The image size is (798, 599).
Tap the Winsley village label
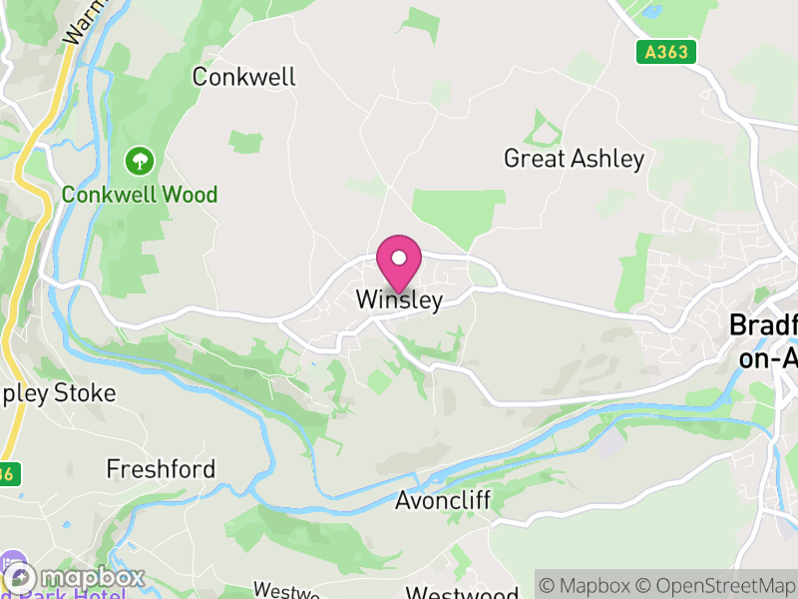[x=399, y=299]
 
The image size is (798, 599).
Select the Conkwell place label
[x=244, y=77]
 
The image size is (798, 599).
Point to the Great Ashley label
[x=574, y=159]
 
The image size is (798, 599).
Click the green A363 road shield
[x=665, y=52]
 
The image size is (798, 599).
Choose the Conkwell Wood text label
[x=140, y=195]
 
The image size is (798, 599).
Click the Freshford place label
[x=161, y=468]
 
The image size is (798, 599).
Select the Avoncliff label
[x=443, y=500]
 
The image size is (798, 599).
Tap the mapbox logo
[x=75, y=578]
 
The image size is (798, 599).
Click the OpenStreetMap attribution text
[x=717, y=585]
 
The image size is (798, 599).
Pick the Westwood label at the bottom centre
[x=462, y=593]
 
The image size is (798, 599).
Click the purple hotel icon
[x=13, y=562]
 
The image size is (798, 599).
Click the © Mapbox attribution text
[x=587, y=585]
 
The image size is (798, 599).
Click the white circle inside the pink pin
[x=399, y=258]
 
